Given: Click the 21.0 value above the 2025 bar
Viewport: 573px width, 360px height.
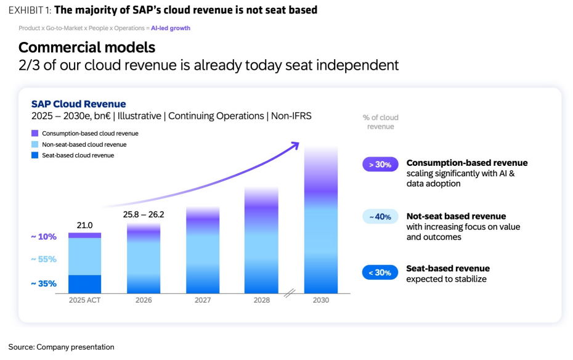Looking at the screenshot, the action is pyautogui.click(x=84, y=225).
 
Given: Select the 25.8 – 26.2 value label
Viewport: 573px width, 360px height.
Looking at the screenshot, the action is pyautogui.click(x=143, y=215).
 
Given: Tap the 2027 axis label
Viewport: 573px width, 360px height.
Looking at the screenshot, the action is pyautogui.click(x=203, y=300).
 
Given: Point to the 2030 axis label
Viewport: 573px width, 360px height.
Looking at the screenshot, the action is pyautogui.click(x=321, y=300).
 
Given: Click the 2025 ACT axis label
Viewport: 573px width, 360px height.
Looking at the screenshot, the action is pyautogui.click(x=84, y=300).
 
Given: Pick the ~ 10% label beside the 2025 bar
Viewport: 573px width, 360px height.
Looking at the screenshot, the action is pyautogui.click(x=44, y=237).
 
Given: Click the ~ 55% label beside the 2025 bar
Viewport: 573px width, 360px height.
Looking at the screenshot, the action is pyautogui.click(x=44, y=260).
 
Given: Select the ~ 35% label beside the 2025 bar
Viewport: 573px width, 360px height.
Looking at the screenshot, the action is pyautogui.click(x=44, y=284).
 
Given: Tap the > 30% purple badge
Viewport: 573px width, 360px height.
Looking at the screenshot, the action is pyautogui.click(x=380, y=165).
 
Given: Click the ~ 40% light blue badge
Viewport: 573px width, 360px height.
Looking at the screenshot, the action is pyautogui.click(x=380, y=217).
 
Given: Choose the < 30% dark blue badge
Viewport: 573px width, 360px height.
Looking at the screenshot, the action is pyautogui.click(x=380, y=272).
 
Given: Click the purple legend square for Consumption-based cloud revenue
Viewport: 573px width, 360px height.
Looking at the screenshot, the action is pyautogui.click(x=35, y=133).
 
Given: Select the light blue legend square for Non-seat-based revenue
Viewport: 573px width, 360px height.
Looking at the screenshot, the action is pyautogui.click(x=35, y=144).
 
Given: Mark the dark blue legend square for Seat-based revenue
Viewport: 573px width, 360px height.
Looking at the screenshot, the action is pyautogui.click(x=35, y=155).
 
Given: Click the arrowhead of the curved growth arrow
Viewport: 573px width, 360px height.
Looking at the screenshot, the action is pyautogui.click(x=295, y=145).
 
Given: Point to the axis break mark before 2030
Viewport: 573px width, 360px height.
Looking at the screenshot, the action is pyautogui.click(x=290, y=293).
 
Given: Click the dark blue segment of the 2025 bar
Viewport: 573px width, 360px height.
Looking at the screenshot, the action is pyautogui.click(x=84, y=284).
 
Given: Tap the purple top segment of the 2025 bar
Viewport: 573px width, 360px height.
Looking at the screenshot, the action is pyautogui.click(x=84, y=235).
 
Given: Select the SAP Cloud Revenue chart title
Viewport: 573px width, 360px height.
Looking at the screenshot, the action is pyautogui.click(x=79, y=104).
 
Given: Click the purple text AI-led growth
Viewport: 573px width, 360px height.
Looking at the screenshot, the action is pyautogui.click(x=171, y=28).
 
